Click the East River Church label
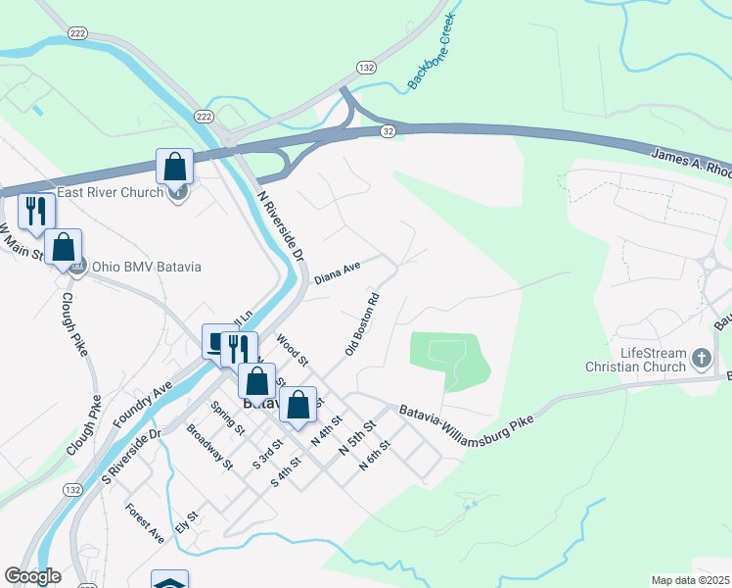(110, 192)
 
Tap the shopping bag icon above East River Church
(174, 166)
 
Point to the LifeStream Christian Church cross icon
(701, 359)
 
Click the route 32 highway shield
(389, 130)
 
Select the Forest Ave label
(144, 523)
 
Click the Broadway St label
(209, 447)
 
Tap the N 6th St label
(374, 456)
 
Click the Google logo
(32, 576)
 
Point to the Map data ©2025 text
(690, 580)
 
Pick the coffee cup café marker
(217, 342)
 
